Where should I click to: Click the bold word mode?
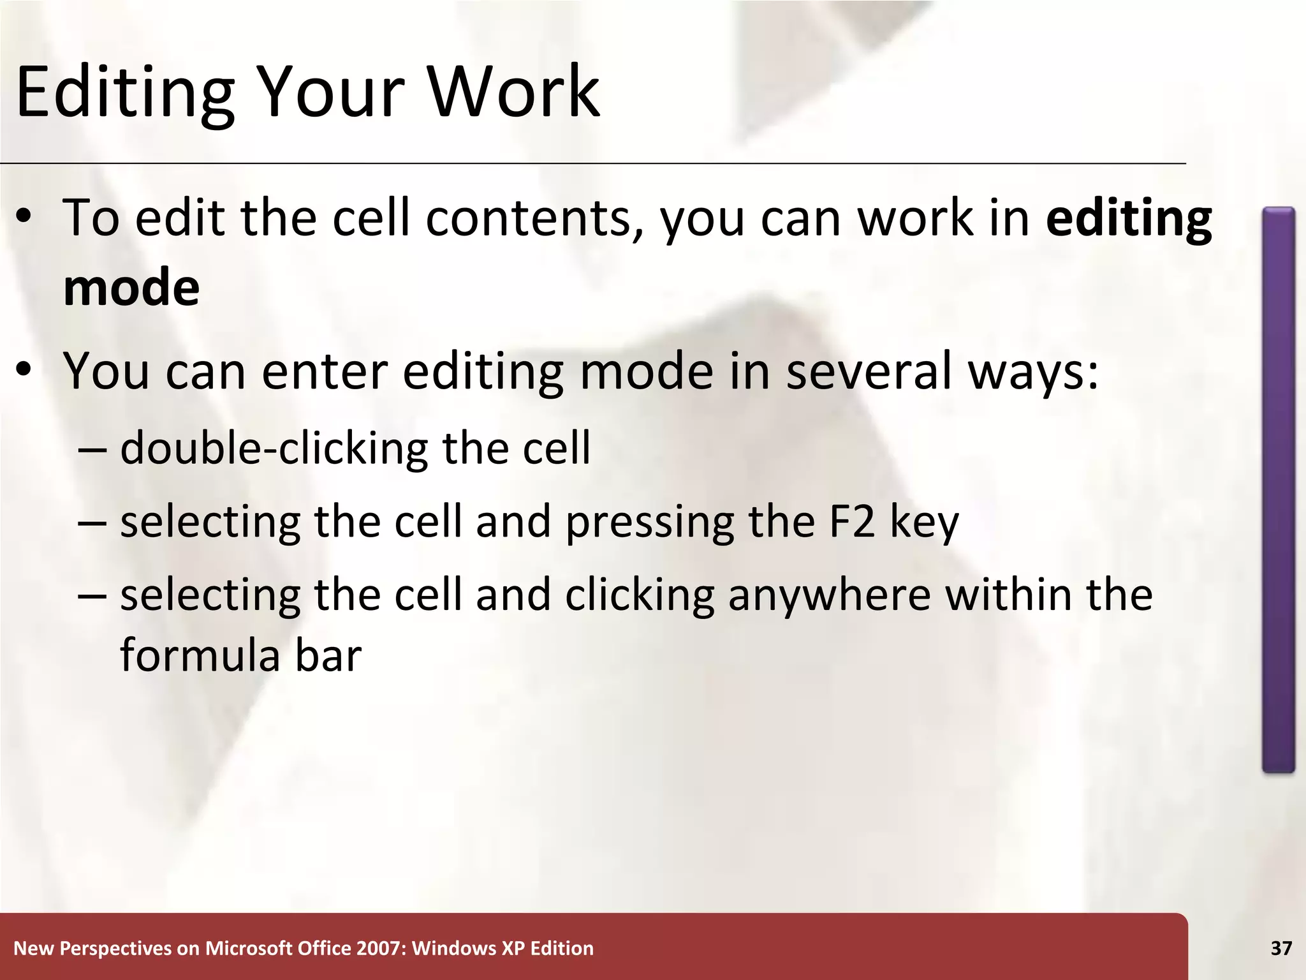point(131,288)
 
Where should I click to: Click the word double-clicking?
point(274,448)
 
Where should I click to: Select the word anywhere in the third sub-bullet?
point(830,595)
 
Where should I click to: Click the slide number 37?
point(1281,949)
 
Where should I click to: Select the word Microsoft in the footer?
point(248,949)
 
